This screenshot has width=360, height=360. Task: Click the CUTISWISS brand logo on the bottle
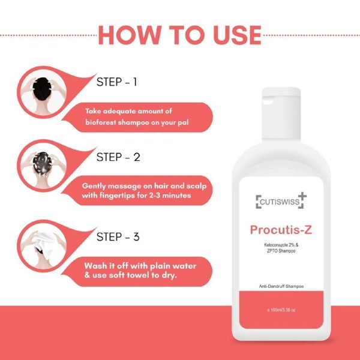pos(281,202)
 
